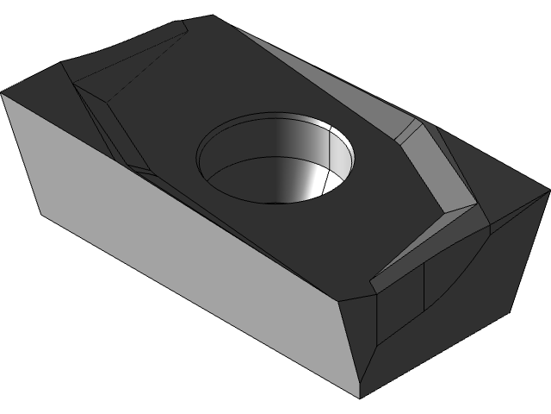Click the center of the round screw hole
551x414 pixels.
275,160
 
